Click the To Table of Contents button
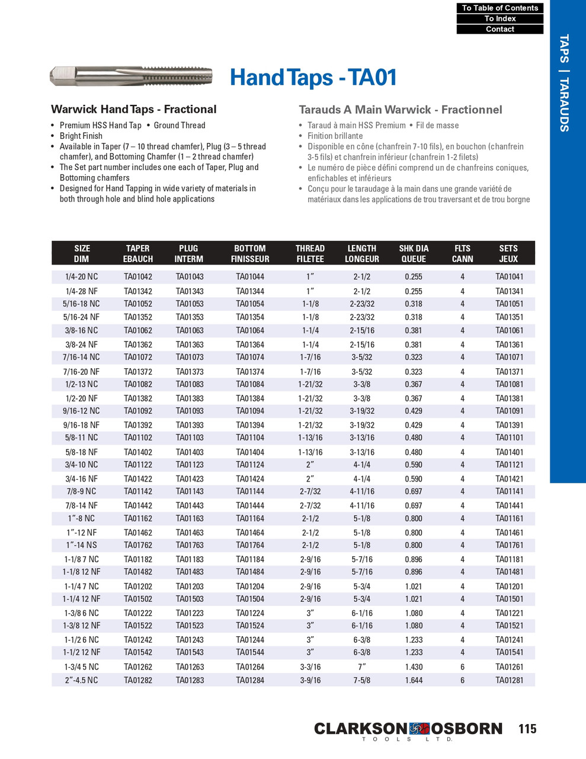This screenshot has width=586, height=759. coord(499,8)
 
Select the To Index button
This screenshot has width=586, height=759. coord(499,18)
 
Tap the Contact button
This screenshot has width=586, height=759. coord(499,29)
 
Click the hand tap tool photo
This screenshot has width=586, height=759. coord(131,76)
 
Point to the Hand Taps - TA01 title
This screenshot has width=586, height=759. coord(313,78)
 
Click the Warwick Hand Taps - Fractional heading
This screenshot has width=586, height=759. coord(133,109)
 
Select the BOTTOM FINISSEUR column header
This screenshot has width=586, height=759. coord(249,253)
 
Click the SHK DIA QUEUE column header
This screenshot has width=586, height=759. coord(413,253)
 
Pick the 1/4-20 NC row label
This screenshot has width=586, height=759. coord(82,277)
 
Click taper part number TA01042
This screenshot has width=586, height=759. coord(137,277)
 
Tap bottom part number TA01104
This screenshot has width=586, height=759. coord(249,438)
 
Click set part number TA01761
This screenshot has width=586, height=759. coord(509,545)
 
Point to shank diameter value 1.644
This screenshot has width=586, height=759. coord(413,680)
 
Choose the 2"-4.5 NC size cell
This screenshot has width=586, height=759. coord(82,680)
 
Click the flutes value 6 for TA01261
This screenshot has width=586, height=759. coord(462,667)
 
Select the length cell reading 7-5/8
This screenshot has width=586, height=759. coord(361,680)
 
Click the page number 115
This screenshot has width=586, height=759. coord(527,729)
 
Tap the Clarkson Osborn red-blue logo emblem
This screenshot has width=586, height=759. coord(420,728)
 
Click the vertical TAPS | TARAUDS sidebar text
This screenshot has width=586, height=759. coord(564,83)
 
